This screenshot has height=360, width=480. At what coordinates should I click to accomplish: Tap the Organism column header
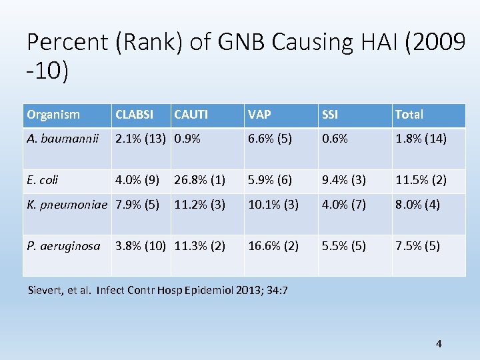(53, 115)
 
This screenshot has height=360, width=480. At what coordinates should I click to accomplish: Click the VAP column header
(259, 115)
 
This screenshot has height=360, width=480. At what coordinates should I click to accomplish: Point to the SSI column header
(330, 115)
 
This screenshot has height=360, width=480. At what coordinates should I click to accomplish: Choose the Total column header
(409, 115)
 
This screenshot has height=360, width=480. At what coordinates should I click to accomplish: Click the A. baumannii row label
(63, 139)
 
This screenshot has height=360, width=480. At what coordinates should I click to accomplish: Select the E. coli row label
(43, 179)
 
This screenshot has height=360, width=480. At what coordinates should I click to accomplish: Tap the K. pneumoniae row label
(67, 205)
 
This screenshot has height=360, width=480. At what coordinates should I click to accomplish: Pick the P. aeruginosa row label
(63, 245)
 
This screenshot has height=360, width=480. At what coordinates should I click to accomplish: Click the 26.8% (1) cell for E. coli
(199, 179)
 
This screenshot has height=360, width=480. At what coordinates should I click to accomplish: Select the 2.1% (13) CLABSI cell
(141, 139)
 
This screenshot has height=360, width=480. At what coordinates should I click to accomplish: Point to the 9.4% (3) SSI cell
(343, 179)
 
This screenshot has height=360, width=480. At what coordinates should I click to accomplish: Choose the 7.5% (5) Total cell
(417, 245)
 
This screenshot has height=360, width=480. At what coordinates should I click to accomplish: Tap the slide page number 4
(438, 344)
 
